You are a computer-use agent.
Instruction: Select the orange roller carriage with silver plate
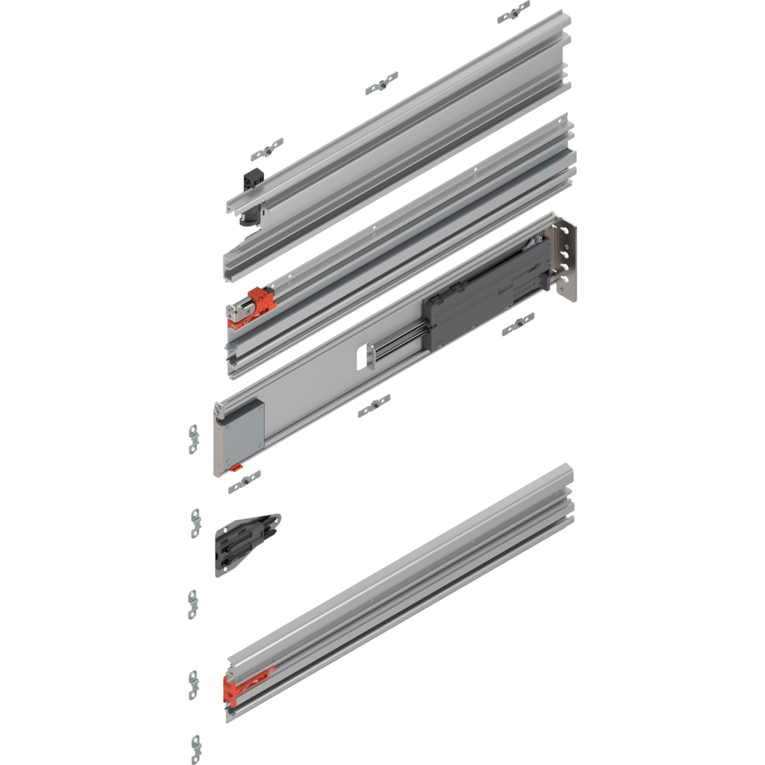251,308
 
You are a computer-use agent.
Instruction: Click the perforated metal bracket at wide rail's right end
565,263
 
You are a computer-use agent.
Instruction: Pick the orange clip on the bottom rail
245,686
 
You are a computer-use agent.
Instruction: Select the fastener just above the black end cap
267,148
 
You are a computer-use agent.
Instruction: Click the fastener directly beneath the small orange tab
244,482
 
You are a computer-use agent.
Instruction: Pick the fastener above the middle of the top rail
381,82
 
